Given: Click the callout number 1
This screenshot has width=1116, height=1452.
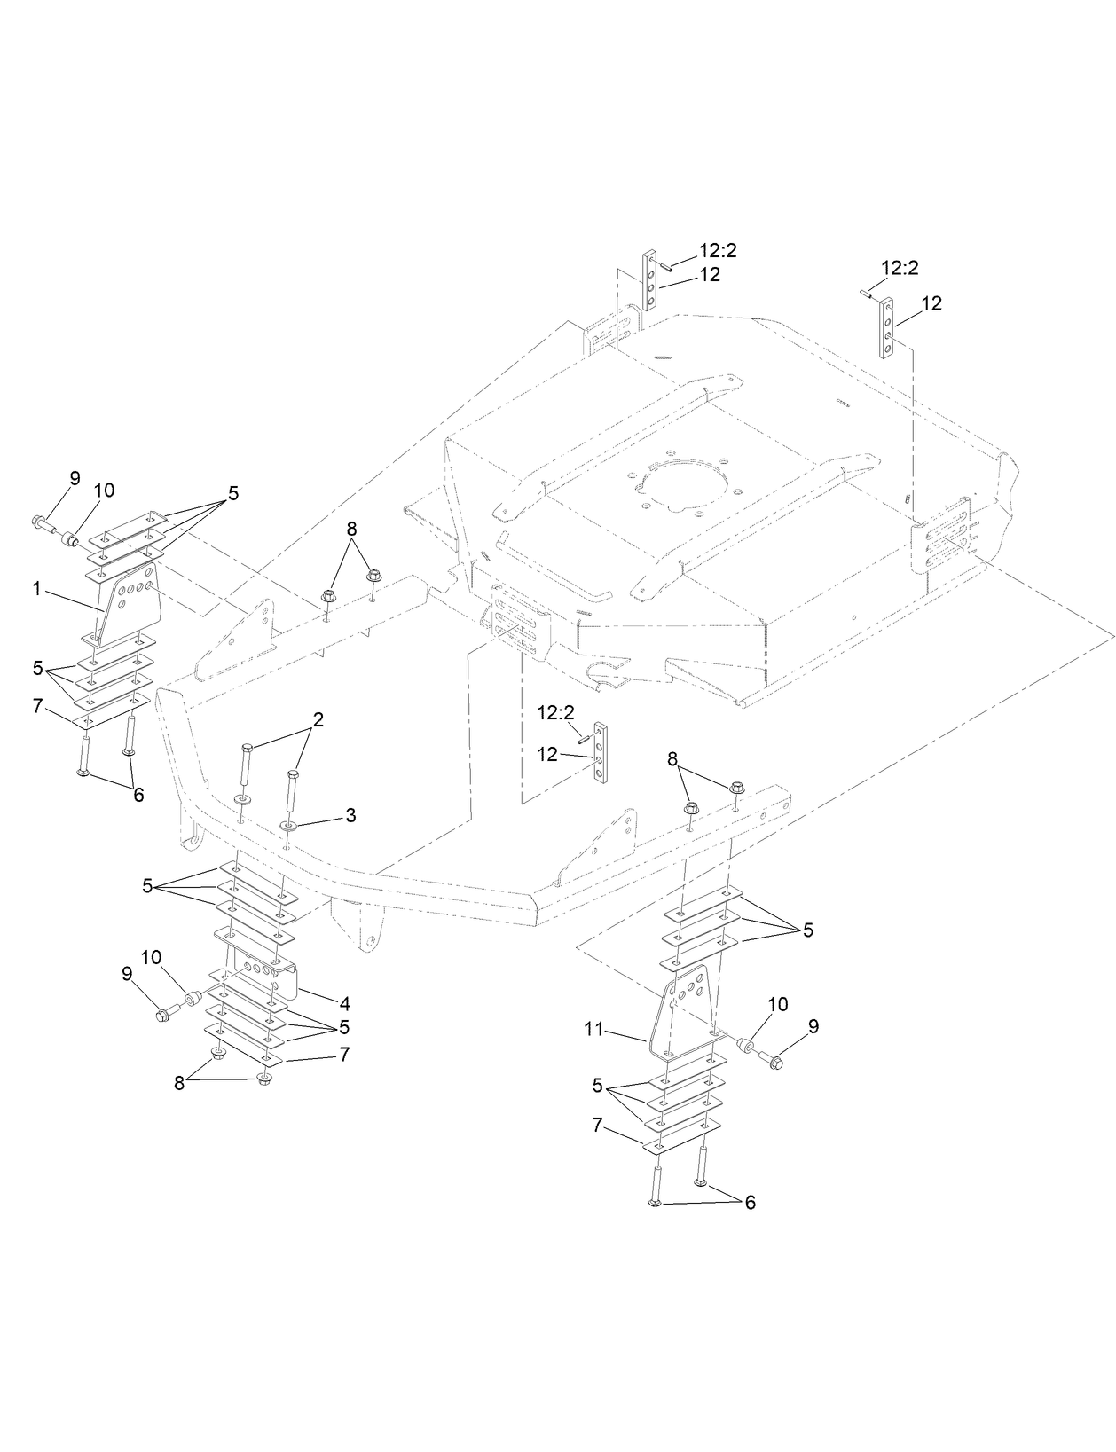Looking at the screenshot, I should [x=37, y=588].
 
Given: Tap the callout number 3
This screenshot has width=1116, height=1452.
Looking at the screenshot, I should [x=350, y=815].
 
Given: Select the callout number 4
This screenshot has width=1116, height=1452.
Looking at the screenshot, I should [x=344, y=1004].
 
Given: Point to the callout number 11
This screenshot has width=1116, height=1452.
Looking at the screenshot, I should [x=593, y=1030].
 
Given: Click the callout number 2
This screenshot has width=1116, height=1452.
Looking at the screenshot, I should [x=318, y=719].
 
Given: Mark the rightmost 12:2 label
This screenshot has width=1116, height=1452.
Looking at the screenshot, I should [x=900, y=267].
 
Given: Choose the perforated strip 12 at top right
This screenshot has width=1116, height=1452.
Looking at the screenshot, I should [x=887, y=329].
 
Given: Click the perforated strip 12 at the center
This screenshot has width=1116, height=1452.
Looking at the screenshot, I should [x=601, y=753].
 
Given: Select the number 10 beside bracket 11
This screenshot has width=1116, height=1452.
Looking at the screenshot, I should [x=777, y=1004].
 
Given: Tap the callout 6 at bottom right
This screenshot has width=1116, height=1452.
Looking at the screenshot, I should [x=750, y=1203].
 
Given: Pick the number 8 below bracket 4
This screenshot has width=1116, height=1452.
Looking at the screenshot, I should [x=180, y=1083].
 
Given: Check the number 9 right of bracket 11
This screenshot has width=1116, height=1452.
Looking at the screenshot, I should [x=813, y=1026].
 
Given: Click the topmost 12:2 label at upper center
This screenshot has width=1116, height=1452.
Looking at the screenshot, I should [x=718, y=251].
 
